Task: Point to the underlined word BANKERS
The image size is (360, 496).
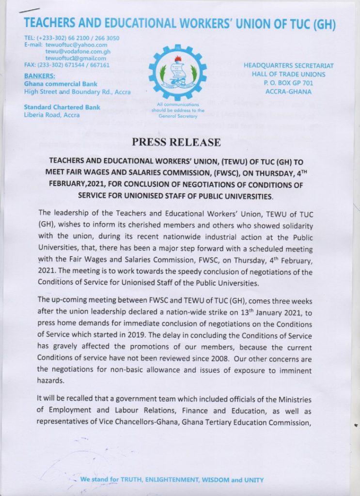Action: (39, 76)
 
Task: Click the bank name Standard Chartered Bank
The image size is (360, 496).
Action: (62, 107)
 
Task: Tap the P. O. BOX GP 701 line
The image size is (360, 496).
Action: (288, 83)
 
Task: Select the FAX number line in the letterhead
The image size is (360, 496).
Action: (67, 65)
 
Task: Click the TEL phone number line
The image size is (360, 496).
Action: (72, 38)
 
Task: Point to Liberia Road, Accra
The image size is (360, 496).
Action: (53, 115)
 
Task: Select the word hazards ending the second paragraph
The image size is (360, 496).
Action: (50, 381)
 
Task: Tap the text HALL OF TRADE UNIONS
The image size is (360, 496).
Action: (288, 74)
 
